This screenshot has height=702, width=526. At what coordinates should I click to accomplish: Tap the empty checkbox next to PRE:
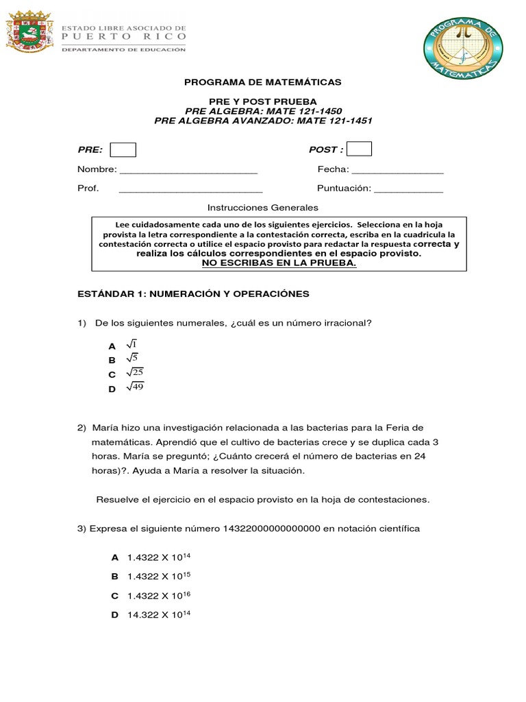123,149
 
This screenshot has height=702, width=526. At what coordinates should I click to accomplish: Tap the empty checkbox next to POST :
360,149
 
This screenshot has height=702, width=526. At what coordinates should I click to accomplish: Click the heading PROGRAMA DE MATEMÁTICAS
263,82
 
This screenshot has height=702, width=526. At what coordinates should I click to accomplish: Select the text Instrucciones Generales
263,208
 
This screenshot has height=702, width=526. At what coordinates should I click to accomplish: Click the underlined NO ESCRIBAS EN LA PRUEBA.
279,263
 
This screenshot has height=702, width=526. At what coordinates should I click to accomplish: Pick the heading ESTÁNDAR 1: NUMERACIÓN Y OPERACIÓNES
193,293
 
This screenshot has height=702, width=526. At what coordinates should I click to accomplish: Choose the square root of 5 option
132,359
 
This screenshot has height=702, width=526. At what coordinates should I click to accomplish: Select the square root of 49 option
134,388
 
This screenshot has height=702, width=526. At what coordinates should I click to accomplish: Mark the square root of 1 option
132,345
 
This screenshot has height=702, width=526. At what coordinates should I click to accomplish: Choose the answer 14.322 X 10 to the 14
158,615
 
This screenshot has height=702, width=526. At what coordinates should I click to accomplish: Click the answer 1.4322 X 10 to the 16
158,596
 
